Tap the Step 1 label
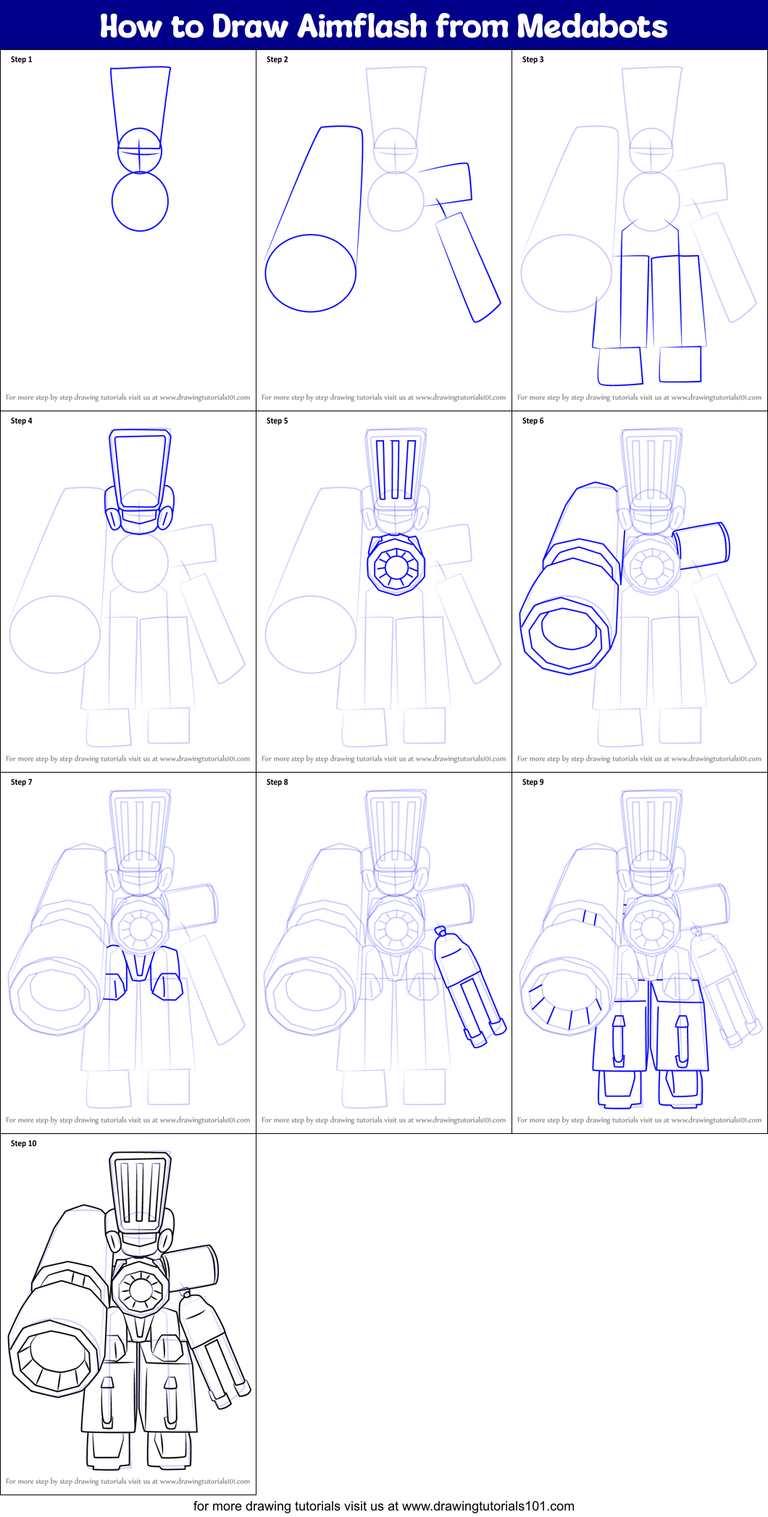coord(21,59)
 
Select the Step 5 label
coord(277,421)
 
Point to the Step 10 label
coord(23,1143)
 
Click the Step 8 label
coord(277,782)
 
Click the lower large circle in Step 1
coord(140,201)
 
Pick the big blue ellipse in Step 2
coord(310,273)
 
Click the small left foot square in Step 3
coord(620,366)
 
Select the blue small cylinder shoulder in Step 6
coord(701,545)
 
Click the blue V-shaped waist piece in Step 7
coord(139,967)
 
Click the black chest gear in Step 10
coord(140,1290)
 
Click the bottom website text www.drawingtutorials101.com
coord(488,1506)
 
